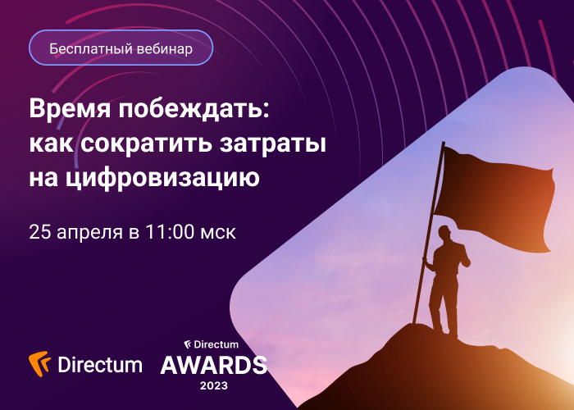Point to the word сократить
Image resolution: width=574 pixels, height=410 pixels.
point(146,143)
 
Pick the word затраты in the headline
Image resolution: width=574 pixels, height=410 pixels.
point(273,143)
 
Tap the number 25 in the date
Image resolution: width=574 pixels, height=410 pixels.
point(40,232)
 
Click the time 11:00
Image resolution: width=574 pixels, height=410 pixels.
point(171,232)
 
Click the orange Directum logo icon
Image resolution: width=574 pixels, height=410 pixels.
point(39,363)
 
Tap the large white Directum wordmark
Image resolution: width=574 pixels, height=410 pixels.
point(100,365)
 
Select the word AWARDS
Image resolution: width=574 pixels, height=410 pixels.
point(214,365)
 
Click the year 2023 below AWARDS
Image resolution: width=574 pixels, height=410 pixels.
point(214,385)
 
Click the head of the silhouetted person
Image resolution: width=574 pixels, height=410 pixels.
point(444,233)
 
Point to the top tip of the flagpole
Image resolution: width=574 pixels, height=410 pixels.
point(444,143)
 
